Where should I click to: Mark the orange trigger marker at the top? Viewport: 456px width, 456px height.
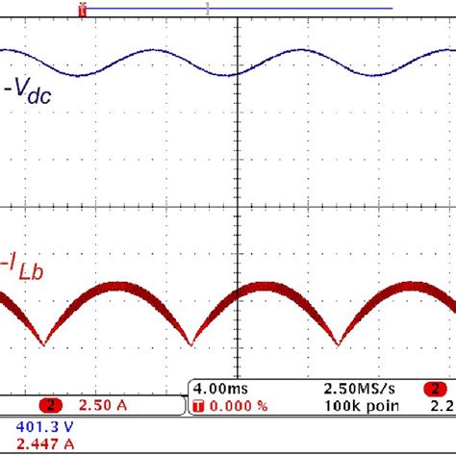click(82, 9)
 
